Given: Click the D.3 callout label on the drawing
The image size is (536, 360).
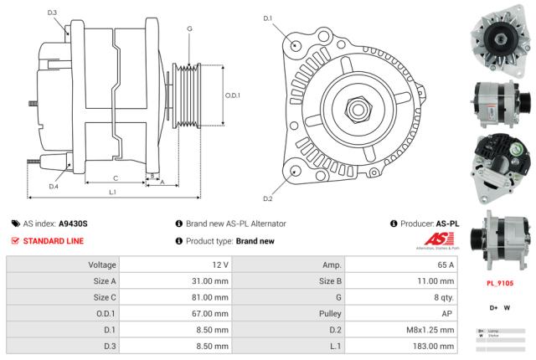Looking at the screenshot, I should point(52,13).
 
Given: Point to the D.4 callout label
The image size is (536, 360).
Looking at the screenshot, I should point(53,187).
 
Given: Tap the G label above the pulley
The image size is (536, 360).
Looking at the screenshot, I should point(189,29).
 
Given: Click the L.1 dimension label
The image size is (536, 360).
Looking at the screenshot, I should point(113,193).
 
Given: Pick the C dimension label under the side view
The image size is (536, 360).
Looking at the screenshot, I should point(116,177).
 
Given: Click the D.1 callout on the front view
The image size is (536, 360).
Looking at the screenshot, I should point(268,18).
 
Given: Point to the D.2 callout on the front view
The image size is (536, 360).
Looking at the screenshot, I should point(268,198).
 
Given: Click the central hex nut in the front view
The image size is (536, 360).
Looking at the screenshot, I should point(355,107).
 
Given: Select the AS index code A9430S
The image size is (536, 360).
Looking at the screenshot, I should point(74,224).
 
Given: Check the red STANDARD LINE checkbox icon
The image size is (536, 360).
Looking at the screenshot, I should point(15,241).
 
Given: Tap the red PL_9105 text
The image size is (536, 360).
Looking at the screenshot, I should point(500,283).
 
